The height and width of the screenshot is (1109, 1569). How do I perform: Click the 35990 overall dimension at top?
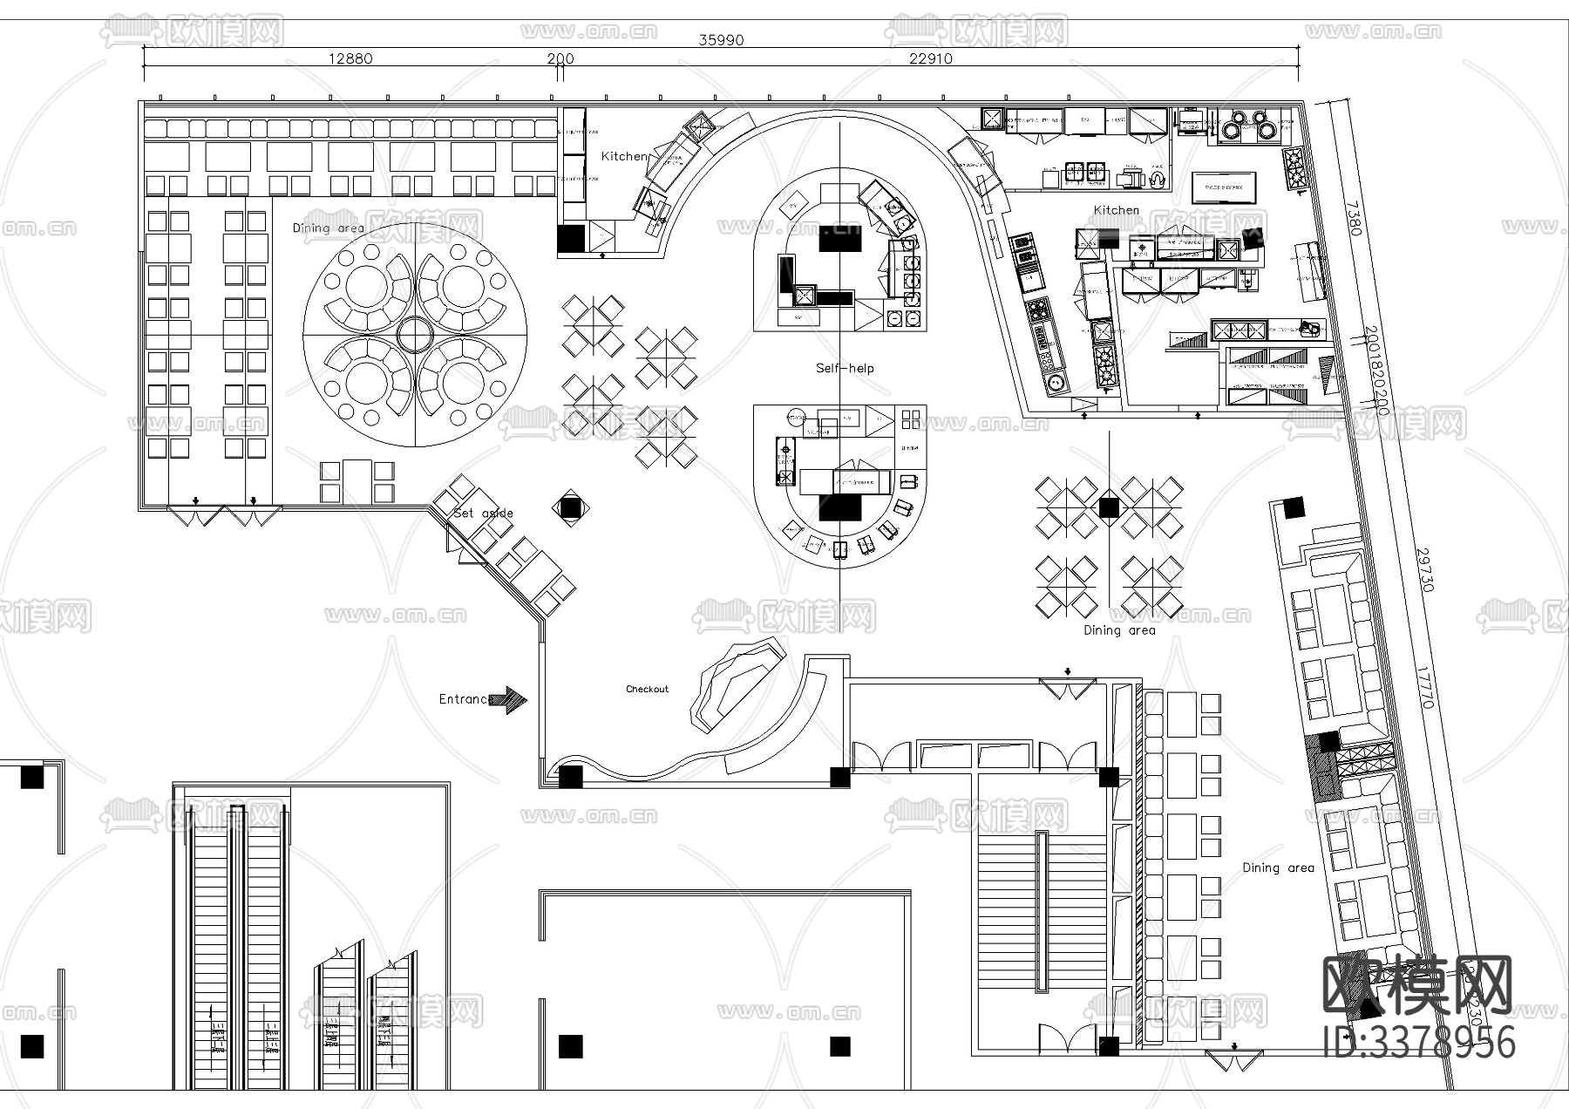pos(721,39)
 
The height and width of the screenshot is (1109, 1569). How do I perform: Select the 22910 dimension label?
pos(930,58)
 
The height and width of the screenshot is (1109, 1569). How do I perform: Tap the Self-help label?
pos(844,368)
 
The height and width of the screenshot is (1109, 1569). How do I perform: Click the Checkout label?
pos(647,689)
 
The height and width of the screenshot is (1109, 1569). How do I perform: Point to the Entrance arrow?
pos(508,699)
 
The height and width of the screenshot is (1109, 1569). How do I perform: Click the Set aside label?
pos(484,513)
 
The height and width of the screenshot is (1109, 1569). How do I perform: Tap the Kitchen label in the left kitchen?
pos(624,156)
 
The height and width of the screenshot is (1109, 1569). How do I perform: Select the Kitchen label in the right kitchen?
pos(1116,210)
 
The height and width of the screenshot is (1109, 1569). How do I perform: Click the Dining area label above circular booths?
pos(328,228)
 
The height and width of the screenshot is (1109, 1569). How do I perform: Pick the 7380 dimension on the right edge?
pos(1352,218)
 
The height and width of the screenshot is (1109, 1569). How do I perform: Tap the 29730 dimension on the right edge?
pos(1424,569)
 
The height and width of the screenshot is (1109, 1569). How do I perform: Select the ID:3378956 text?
pos(1419,1043)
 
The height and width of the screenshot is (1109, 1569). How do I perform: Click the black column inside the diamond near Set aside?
pos(569,507)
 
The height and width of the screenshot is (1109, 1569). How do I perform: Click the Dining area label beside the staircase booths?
pos(1278,867)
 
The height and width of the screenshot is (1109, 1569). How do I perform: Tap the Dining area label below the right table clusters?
pos(1119,629)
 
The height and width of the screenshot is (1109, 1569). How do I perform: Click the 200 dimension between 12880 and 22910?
pos(560,58)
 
